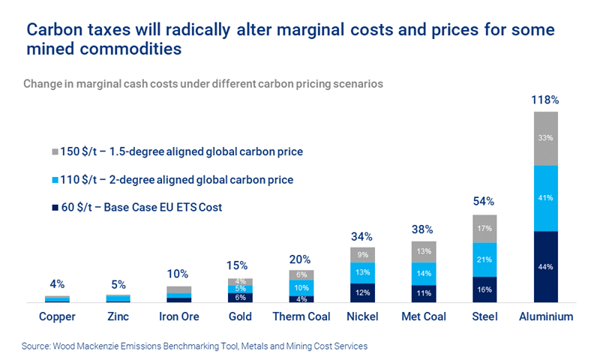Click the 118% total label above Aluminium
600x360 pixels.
[x=546, y=99]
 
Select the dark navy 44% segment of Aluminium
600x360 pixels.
[x=546, y=267]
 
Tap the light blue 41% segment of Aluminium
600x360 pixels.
[x=546, y=198]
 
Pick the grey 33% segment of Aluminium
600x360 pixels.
[x=546, y=138]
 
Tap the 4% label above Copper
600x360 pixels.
[x=58, y=284]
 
